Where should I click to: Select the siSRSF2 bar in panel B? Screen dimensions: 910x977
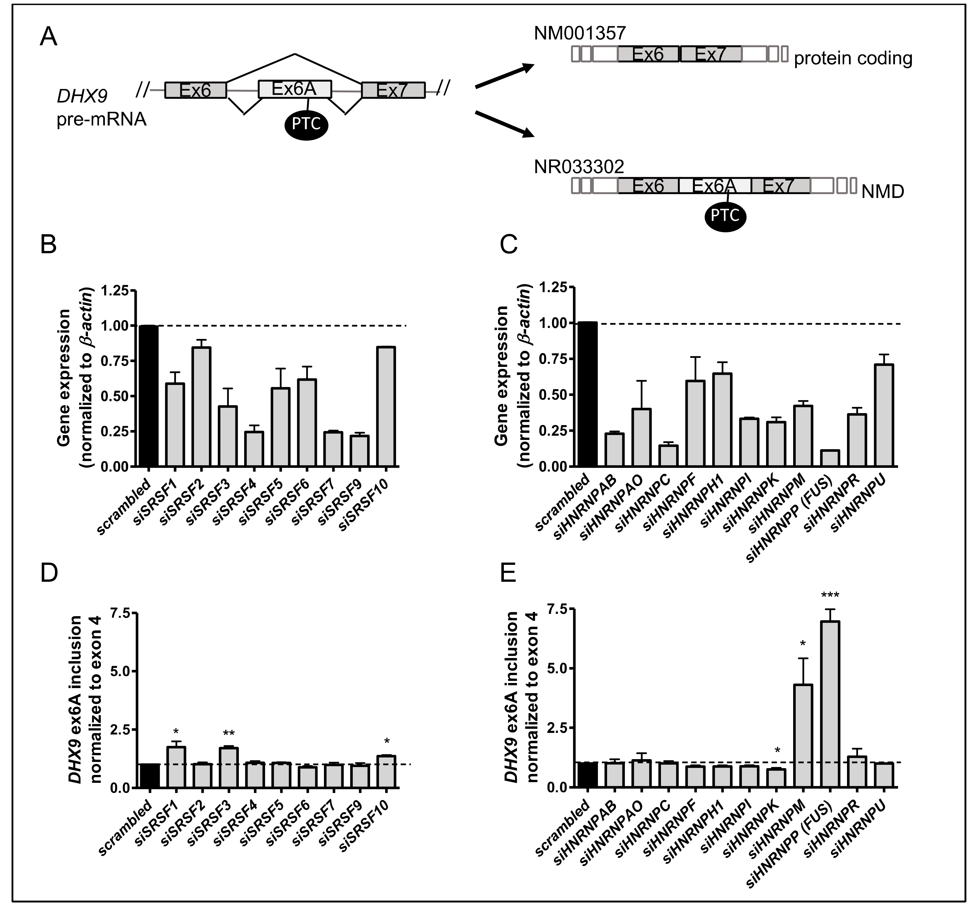(x=202, y=407)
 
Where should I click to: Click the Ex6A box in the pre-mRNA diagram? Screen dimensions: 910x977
(x=294, y=89)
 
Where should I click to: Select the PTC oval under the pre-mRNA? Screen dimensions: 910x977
(x=306, y=124)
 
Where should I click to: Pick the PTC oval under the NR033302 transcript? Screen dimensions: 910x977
(x=725, y=215)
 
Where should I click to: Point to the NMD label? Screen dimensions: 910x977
(x=883, y=192)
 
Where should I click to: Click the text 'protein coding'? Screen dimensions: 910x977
(x=853, y=58)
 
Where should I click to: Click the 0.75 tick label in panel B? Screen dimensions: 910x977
(x=114, y=361)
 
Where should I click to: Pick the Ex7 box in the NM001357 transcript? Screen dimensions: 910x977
(x=710, y=54)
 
